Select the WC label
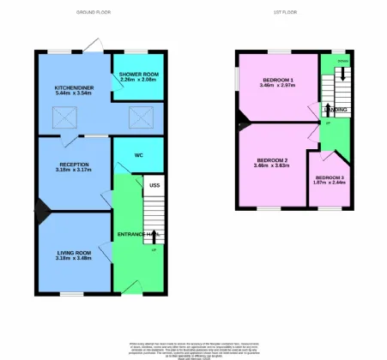tap(137, 156)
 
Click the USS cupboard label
tap(154, 184)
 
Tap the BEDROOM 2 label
tap(272, 159)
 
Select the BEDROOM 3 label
tap(329, 177)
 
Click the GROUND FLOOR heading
tap(93, 13)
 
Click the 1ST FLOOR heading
tap(284, 13)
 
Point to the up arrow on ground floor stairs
tap(154, 234)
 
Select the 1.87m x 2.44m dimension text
tap(329, 183)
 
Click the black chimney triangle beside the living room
tap(39, 207)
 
